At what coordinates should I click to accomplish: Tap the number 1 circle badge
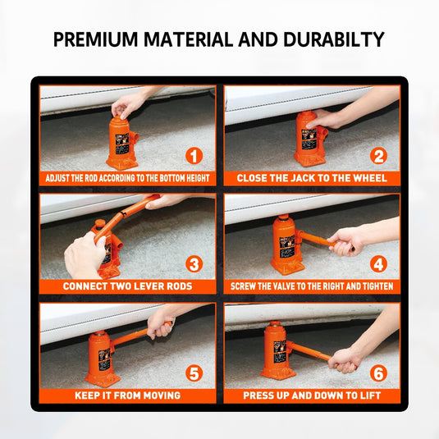[194, 156]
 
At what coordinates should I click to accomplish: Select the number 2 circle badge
[378, 156]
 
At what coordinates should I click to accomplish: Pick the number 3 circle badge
[194, 264]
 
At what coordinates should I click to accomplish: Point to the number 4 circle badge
[378, 264]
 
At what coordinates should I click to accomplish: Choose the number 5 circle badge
[194, 373]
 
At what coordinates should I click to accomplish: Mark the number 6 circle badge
[378, 373]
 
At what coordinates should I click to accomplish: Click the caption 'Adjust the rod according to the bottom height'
[128, 178]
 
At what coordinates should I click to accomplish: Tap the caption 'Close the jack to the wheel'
[312, 178]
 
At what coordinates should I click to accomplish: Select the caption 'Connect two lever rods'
[128, 286]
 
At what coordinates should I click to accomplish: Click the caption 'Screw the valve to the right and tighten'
[312, 286]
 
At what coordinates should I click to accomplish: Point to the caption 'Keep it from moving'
[128, 396]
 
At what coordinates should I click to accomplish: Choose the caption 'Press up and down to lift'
[312, 396]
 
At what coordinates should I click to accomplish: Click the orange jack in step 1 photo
[121, 144]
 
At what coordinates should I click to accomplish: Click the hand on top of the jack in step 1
[127, 105]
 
